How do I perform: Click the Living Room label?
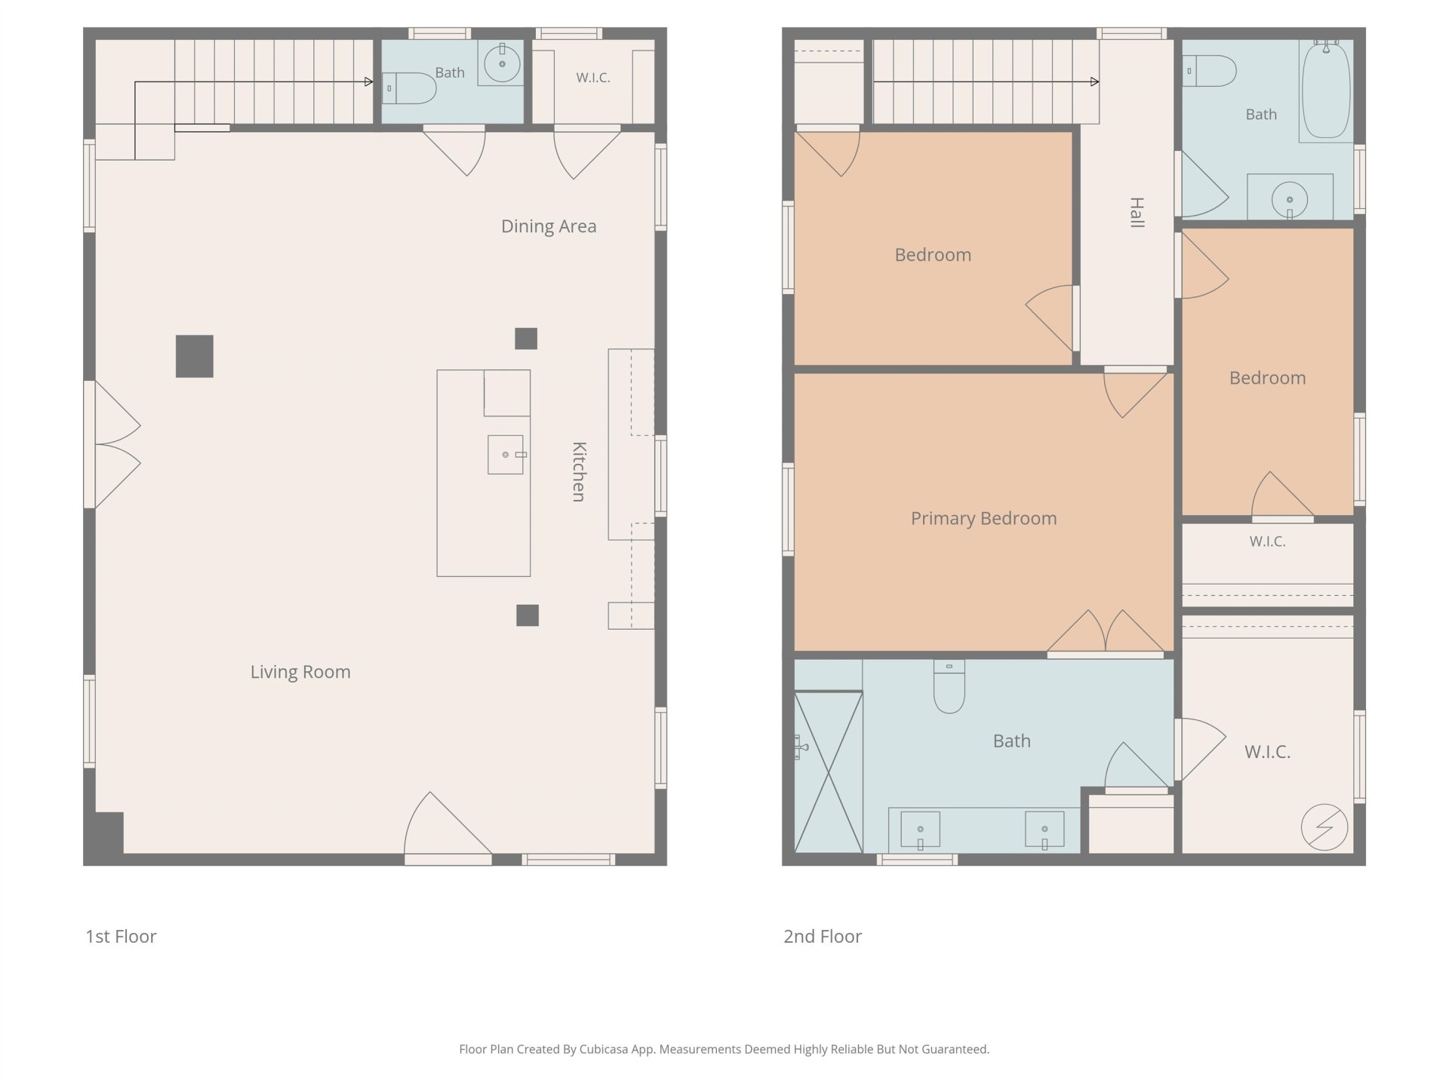[x=300, y=672]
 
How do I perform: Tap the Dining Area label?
[x=549, y=226]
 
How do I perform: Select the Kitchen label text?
[x=579, y=471]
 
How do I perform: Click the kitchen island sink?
[x=506, y=455]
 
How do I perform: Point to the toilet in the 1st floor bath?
[x=409, y=88]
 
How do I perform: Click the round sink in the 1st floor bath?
[x=502, y=63]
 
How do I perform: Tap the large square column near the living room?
[x=195, y=356]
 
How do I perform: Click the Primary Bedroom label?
[x=983, y=518]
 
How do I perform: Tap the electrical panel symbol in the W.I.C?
[x=1324, y=827]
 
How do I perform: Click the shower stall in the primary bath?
[x=829, y=772]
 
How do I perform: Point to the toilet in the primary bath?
[x=949, y=686]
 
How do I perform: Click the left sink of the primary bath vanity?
[x=920, y=830]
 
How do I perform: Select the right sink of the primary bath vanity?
[x=1044, y=830]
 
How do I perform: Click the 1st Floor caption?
[x=121, y=937]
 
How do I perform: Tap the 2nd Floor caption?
[x=823, y=937]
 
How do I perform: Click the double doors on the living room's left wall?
[x=113, y=444]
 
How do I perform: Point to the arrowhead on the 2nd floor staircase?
[x=1095, y=81]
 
